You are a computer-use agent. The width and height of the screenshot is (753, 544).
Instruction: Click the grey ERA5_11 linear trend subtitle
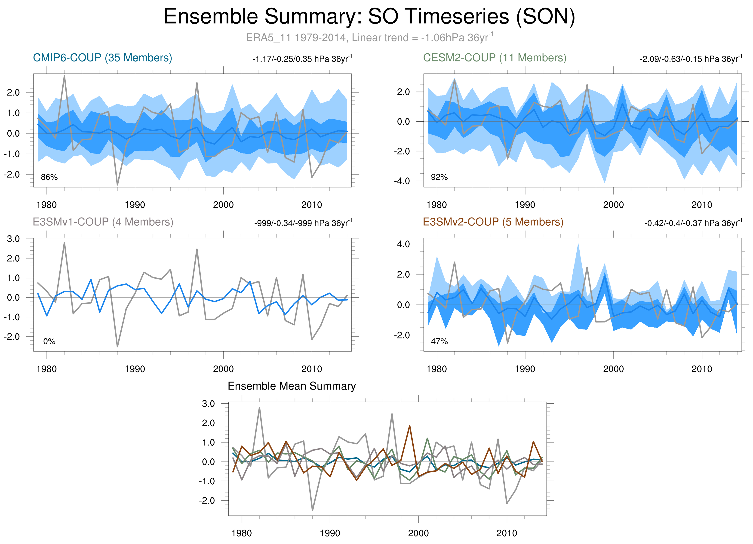(x=369, y=37)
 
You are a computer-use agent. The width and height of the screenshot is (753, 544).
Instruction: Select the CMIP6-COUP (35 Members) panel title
(x=102, y=58)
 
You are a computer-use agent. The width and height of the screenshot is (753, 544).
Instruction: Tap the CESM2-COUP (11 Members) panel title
(x=494, y=58)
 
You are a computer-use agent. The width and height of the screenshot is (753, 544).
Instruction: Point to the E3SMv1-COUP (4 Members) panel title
(x=103, y=222)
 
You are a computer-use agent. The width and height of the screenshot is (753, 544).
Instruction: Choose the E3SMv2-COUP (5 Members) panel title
(x=493, y=222)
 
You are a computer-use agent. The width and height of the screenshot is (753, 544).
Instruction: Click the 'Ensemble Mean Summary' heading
(x=292, y=386)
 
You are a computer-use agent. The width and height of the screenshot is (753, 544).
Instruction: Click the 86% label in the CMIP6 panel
(x=49, y=177)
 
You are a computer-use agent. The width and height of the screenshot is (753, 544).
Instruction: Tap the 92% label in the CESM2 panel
(x=439, y=177)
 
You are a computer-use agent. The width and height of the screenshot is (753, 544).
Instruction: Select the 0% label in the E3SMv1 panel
(x=49, y=341)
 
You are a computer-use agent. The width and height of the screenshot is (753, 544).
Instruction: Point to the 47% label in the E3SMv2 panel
(x=439, y=341)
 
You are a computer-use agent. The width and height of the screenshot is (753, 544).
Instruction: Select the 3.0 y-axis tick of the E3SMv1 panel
(x=13, y=239)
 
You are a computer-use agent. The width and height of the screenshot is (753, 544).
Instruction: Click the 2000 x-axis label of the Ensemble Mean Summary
(x=418, y=533)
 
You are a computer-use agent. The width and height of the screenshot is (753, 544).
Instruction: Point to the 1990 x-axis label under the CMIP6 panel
(x=135, y=205)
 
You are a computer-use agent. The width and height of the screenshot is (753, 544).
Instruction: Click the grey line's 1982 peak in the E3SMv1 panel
(x=65, y=243)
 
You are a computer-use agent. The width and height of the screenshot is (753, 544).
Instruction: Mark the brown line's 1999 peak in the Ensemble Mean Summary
(x=409, y=426)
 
